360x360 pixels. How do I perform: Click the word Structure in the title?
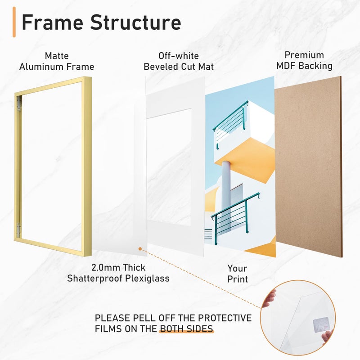point(136,22)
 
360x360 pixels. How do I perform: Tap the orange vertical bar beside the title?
point(14,22)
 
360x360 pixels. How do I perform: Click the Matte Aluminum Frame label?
point(57,61)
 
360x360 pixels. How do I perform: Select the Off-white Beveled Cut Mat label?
point(179,61)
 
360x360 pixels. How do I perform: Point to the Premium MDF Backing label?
point(304,60)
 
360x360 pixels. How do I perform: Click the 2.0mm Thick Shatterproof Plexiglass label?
point(118,273)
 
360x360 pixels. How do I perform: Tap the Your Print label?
point(238,274)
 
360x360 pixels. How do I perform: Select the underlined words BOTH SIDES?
point(186,329)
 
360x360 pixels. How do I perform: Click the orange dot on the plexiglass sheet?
point(140,249)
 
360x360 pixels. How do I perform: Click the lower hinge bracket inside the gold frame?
point(18,230)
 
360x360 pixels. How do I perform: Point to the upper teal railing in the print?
point(230,124)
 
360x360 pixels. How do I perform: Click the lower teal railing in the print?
point(235,218)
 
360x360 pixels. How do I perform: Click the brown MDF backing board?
point(308,166)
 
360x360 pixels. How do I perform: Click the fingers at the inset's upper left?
point(269,298)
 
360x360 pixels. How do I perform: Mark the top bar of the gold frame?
point(53,85)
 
